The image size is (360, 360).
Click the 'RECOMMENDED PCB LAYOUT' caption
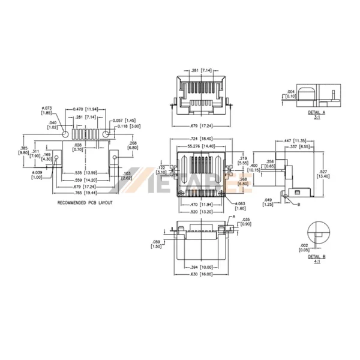pyautogui.click(x=86, y=203)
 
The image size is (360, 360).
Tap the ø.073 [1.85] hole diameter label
pyautogui.click(x=46, y=110)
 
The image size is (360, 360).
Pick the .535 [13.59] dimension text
pyautogui.click(x=85, y=173)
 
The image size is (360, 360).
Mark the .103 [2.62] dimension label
pyautogui.click(x=126, y=175)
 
